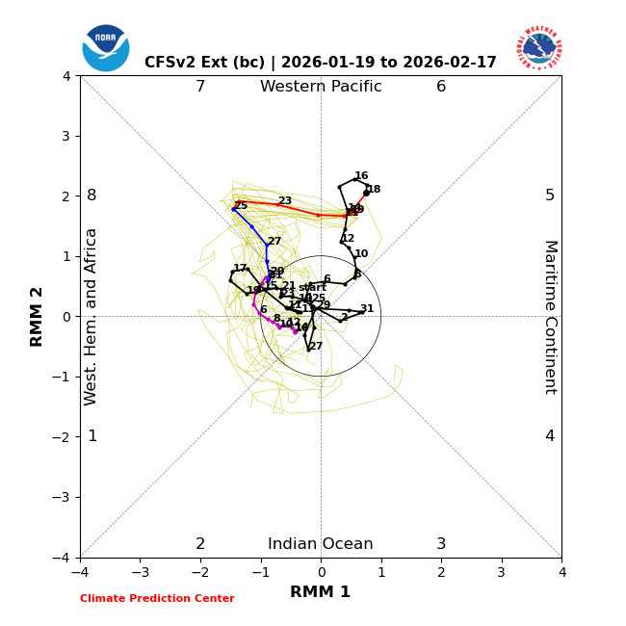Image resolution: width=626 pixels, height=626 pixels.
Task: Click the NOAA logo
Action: [x=106, y=48]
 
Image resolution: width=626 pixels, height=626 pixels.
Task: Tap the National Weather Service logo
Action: [x=539, y=48]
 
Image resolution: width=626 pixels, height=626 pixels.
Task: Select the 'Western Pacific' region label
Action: [x=321, y=87]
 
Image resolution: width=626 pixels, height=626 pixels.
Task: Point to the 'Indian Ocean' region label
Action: [x=321, y=544]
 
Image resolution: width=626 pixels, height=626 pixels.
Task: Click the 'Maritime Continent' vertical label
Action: [x=550, y=317]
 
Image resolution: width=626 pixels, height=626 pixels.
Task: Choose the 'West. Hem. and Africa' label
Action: [x=91, y=317]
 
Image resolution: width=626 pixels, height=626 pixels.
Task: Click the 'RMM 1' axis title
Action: [x=321, y=592]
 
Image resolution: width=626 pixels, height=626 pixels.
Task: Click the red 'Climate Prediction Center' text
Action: [x=157, y=599]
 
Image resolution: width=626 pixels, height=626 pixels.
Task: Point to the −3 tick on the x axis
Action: [x=140, y=572]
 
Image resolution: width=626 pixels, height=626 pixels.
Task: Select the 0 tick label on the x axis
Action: [x=321, y=572]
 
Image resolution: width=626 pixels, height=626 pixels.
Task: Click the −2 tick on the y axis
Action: [x=65, y=437]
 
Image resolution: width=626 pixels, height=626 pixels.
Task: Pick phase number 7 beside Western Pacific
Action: [x=200, y=87]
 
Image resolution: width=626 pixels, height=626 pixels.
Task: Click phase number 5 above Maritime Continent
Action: [x=550, y=196]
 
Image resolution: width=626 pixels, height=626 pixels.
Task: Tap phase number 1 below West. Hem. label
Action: [x=92, y=436]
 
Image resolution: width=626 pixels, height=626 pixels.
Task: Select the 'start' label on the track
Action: [x=312, y=287]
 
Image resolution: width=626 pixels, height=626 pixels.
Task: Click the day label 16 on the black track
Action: [x=361, y=176]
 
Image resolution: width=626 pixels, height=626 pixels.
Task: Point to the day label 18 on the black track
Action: [x=374, y=190]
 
